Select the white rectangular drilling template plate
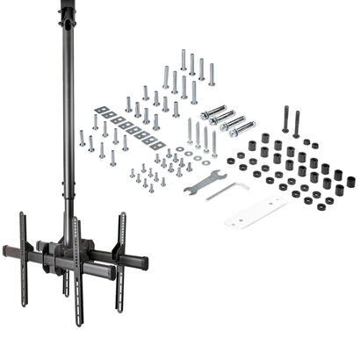[x=256, y=211]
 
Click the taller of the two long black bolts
[x=285, y=119]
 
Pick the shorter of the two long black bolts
[x=297, y=123]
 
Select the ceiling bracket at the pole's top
[x=67, y=11]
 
